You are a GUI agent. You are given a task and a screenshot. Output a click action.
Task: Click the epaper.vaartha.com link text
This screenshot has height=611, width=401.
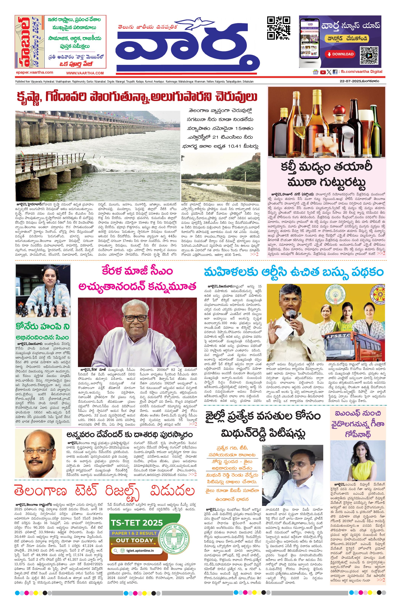click(34, 72)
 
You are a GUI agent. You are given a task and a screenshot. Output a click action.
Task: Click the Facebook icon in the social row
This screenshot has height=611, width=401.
click(335, 72)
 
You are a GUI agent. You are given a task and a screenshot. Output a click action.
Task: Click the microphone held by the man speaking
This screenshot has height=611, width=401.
click(292, 314)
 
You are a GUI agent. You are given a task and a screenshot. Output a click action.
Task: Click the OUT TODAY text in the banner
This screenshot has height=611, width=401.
click(134, 540)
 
